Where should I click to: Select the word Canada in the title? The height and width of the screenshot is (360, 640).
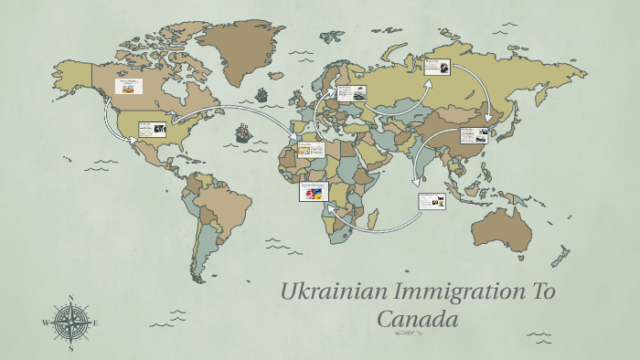(x=416, y=320)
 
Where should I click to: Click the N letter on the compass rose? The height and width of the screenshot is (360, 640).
(x=71, y=298)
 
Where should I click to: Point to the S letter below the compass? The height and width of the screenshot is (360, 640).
(x=71, y=347)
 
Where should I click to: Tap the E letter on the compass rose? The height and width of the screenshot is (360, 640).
(x=96, y=323)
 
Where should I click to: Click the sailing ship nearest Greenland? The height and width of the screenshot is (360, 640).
(x=262, y=95)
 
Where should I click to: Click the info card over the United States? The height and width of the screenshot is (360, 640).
(x=152, y=130)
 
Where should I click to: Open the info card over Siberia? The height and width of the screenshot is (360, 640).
(x=437, y=68)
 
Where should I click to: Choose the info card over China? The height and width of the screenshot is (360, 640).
(x=472, y=134)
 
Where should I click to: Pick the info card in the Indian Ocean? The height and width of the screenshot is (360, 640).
(x=432, y=200)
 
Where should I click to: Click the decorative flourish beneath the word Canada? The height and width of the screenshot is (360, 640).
(x=408, y=334)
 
